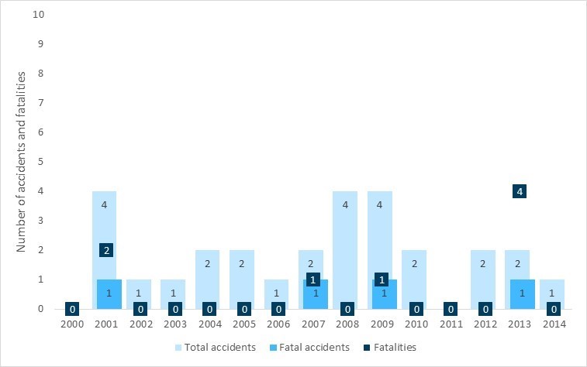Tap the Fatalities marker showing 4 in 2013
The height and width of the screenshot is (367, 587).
coord(520,191)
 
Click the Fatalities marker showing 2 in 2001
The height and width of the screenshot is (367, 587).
coord(107,249)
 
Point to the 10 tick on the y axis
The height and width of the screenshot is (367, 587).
coord(50,15)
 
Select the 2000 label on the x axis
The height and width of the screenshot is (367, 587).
coord(72,324)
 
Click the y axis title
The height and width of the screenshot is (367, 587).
coord(23,162)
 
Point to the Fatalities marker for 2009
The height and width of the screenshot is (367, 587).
coord(381,280)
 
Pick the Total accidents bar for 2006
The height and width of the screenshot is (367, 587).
coord(276,290)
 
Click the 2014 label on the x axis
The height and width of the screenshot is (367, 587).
coord(554,324)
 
